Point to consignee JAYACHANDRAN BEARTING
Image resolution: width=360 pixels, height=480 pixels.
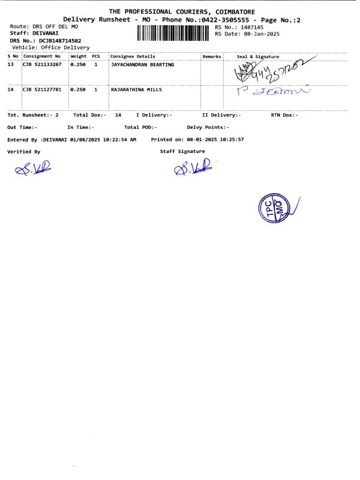pyautogui.click(x=143, y=64)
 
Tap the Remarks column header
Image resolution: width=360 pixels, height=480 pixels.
pyautogui.click(x=212, y=56)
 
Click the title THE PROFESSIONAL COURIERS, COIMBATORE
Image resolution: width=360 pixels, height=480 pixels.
pyautogui.click(x=181, y=12)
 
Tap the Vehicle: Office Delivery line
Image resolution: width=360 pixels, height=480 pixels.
pyautogui.click(x=50, y=47)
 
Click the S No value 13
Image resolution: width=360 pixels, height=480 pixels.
pyautogui.click(x=10, y=64)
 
